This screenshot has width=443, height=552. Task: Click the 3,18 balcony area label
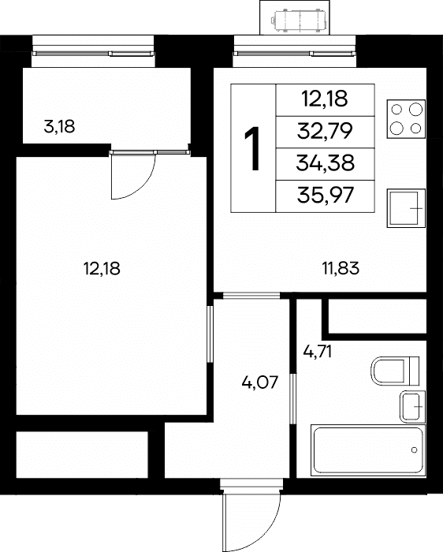[59, 127]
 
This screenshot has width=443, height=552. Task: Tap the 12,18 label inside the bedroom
[102, 269]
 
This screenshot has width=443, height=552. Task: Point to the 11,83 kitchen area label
[341, 268]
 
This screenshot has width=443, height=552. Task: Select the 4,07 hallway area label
[260, 382]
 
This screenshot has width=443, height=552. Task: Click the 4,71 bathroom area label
[318, 352]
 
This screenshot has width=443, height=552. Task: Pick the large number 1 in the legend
[253, 149]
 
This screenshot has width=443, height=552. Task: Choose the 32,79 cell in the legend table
[325, 132]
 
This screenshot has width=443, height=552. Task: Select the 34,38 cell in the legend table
[325, 163]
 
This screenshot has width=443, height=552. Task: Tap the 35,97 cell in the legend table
[325, 196]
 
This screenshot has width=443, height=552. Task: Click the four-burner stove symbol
[406, 119]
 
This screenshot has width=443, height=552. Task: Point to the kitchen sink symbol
[406, 208]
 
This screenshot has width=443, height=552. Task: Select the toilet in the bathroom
[395, 371]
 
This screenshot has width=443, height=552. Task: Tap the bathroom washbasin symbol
[412, 407]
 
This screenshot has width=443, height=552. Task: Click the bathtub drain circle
[414, 450]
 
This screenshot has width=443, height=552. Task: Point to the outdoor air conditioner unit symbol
[298, 21]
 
